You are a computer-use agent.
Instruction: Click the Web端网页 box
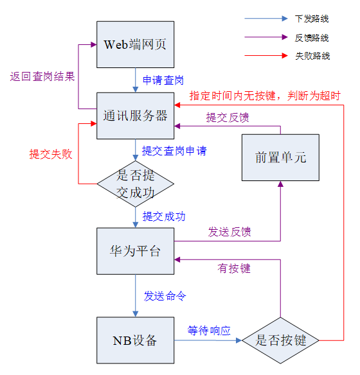[135, 44]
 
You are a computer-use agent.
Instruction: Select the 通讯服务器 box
[135, 116]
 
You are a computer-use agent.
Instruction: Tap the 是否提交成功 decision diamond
[135, 184]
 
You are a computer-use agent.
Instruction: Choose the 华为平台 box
[135, 251]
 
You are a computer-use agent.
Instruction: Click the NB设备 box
[135, 340]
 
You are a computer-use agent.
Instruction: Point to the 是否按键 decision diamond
[280, 340]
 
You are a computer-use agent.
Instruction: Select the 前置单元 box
[280, 157]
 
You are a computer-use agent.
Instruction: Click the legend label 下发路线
[312, 19]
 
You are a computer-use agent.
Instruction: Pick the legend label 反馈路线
[312, 38]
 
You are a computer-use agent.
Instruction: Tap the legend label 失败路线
[312, 56]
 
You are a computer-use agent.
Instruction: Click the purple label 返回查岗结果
[42, 76]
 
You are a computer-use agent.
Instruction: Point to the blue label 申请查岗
[163, 80]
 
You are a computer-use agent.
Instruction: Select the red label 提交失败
[51, 154]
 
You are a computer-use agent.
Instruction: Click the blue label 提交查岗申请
[174, 151]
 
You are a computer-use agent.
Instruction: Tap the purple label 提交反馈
[228, 118]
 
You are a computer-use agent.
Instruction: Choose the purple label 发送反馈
[230, 232]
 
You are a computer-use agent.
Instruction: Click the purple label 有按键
[234, 268]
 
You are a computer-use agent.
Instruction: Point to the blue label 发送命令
[165, 296]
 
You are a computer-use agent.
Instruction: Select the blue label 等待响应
[209, 331]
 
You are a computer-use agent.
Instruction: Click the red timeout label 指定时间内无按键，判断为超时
[265, 96]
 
